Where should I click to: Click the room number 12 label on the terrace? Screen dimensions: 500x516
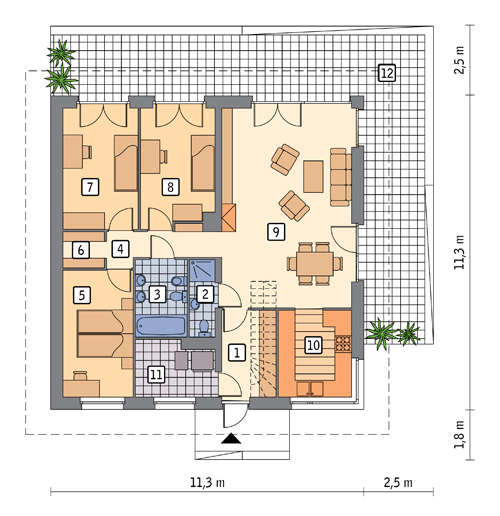pyautogui.click(x=387, y=73)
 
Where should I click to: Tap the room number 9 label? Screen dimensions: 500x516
pyautogui.click(x=276, y=232)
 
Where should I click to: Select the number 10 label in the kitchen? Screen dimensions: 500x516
pyautogui.click(x=313, y=345)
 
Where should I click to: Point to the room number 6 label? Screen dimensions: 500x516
pyautogui.click(x=81, y=250)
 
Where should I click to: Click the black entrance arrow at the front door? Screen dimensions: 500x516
pyautogui.click(x=231, y=438)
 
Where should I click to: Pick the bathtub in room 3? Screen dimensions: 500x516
pyautogui.click(x=161, y=326)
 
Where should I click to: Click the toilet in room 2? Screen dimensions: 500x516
pyautogui.click(x=203, y=327)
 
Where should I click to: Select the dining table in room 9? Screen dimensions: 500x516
pyautogui.click(x=315, y=264)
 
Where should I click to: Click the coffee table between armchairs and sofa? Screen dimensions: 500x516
pyautogui.click(x=313, y=176)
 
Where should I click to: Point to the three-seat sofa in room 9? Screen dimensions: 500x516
pyautogui.click(x=341, y=177)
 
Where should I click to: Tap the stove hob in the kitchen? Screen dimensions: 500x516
pyautogui.click(x=343, y=344)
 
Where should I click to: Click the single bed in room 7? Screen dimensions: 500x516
pyautogui.click(x=126, y=163)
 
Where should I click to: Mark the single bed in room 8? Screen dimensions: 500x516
pyautogui.click(x=203, y=163)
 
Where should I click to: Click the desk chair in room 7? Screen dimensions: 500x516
pyautogui.click(x=87, y=152)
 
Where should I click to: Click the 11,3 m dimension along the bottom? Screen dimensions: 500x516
pyautogui.click(x=207, y=482)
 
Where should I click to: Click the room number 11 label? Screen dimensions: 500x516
pyautogui.click(x=156, y=374)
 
